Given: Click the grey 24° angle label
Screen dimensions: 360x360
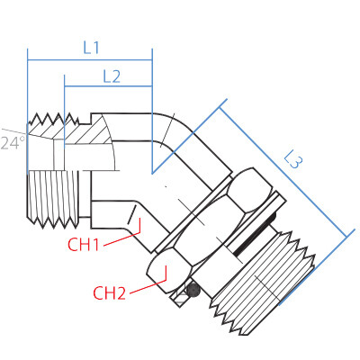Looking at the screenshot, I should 11,143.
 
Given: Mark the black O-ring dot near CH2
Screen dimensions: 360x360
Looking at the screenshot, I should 188,290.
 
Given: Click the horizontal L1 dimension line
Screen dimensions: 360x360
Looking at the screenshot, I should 90,60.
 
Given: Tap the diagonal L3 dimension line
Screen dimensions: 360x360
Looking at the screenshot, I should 283,171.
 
